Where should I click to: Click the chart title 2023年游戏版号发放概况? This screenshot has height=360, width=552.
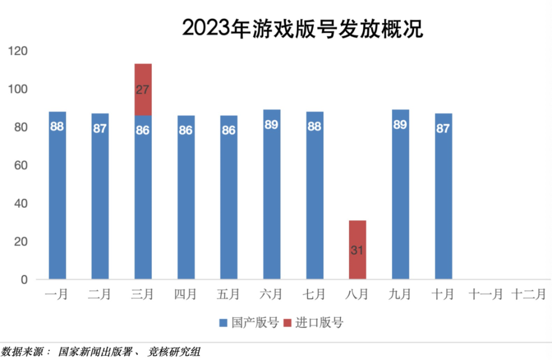pyautogui.click(x=302, y=27)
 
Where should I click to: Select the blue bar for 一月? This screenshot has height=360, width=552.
pyautogui.click(x=57, y=196)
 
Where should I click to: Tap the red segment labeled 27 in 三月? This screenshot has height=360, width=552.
pyautogui.click(x=143, y=90)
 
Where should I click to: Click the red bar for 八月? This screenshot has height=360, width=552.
pyautogui.click(x=357, y=250)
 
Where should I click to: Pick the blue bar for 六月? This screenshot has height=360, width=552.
pyautogui.click(x=272, y=196)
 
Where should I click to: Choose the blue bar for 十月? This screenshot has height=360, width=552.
pyautogui.click(x=443, y=196)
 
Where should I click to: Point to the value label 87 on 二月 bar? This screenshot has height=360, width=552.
pyautogui.click(x=100, y=128)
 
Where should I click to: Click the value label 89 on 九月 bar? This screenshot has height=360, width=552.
pyautogui.click(x=400, y=125)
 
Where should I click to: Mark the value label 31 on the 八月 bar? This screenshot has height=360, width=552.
pyautogui.click(x=357, y=251)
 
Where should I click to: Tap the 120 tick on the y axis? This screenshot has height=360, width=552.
pyautogui.click(x=19, y=51)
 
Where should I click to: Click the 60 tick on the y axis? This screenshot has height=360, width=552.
pyautogui.click(x=21, y=166)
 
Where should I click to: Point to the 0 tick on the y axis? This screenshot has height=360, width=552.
pyautogui.click(x=24, y=280)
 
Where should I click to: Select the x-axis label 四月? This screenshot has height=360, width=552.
pyautogui.click(x=185, y=294)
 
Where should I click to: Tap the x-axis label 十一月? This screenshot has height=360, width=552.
pyautogui.click(x=485, y=294)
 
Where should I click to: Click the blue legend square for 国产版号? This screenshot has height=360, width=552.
pyautogui.click(x=223, y=323)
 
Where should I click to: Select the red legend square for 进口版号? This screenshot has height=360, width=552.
pyautogui.click(x=287, y=323)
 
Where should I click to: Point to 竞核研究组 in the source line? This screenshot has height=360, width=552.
pyautogui.click(x=175, y=351)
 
